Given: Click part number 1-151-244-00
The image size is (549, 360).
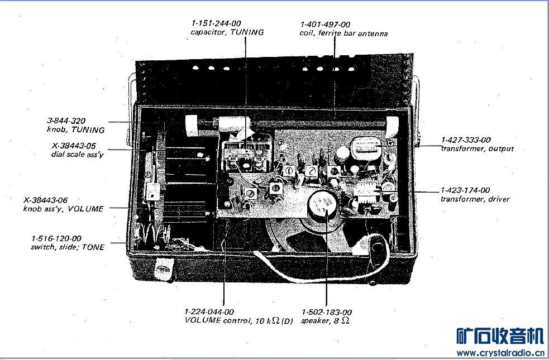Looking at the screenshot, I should [x=216, y=23].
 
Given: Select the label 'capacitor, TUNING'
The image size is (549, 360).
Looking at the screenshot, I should [x=227, y=32].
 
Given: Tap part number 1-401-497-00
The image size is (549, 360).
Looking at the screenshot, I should [x=325, y=25].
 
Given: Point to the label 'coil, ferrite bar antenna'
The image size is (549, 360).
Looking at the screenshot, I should [x=343, y=33].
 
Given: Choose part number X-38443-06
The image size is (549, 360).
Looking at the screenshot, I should [x=45, y=199].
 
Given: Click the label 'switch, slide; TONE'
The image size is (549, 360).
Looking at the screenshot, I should [x=68, y=247].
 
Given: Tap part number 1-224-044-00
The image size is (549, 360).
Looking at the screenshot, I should [x=209, y=311].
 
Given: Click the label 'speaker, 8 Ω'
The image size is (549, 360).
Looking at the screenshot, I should [x=325, y=321].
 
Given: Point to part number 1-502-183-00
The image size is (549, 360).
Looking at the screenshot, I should [x=327, y=311].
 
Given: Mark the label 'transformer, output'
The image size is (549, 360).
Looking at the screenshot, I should [x=477, y=148].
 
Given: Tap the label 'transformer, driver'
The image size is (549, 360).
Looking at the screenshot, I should [x=475, y=199].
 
